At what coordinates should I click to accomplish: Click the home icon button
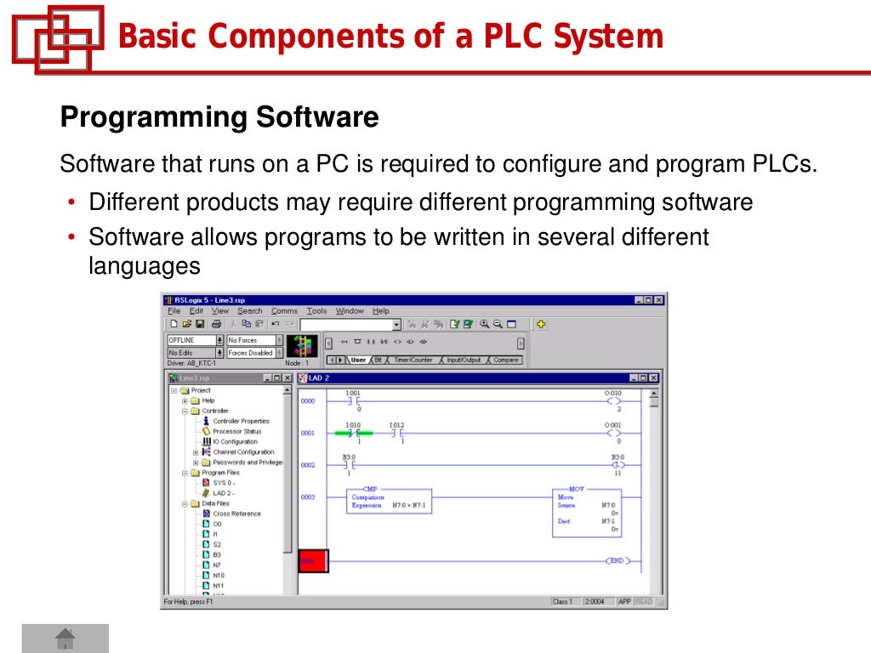tap(65, 638)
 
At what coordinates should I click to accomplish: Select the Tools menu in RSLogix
tap(316, 311)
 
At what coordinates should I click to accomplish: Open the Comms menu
tap(284, 311)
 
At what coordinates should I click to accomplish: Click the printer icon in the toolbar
tap(216, 324)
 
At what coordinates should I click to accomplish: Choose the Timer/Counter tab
tap(413, 360)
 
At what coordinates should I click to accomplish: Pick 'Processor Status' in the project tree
tap(236, 431)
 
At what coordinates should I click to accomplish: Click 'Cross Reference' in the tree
tap(236, 514)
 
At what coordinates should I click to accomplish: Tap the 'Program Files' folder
tap(220, 473)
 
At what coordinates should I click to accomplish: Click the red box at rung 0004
tap(312, 561)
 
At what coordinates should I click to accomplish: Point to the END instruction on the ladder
tap(616, 561)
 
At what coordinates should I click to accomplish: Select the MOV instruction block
tap(587, 510)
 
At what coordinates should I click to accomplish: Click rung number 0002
tap(308, 465)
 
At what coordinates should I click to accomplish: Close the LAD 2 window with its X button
tap(653, 378)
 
